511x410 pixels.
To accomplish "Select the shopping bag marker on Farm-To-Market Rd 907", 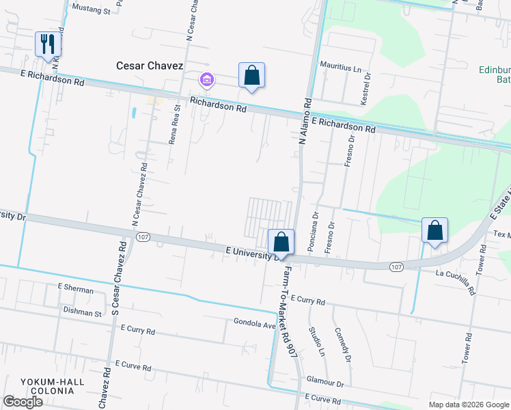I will [x=281, y=241].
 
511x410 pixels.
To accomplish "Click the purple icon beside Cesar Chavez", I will [x=206, y=81].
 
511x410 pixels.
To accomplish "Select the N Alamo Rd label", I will [x=305, y=122].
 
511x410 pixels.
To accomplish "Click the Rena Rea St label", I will [x=175, y=124].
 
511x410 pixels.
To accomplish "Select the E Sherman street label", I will [x=76, y=290].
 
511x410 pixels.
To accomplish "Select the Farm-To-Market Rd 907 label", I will [x=290, y=312].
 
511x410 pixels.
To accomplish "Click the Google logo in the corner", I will [x=23, y=402].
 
